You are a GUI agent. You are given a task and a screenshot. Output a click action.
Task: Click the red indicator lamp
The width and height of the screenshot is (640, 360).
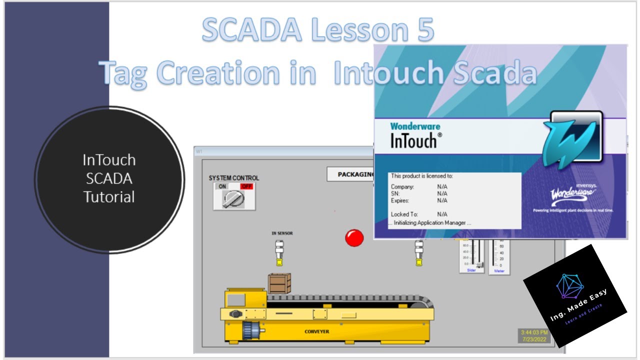tap(354, 237)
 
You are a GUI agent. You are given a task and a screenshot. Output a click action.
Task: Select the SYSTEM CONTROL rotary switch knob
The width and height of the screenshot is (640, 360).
tap(234, 199)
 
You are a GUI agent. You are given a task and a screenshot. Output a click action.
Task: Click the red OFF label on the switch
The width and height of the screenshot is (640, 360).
tap(246, 186)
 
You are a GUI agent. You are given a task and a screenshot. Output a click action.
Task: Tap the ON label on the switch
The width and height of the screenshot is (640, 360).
tap(223, 186)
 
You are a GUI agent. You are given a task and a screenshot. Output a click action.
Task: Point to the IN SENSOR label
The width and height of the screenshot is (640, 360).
tap(282, 233)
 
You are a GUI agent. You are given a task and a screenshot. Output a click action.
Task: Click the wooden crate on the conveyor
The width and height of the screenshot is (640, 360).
tap(279, 283)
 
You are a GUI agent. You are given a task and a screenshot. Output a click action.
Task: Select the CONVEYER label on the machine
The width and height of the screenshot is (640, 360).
tap(317, 331)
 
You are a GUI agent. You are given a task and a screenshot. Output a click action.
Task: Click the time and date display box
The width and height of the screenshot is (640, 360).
tap(534, 335)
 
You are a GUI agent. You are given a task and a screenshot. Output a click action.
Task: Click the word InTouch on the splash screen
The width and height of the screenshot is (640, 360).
tap(413, 141)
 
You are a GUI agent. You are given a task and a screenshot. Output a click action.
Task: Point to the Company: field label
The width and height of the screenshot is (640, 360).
tap(402, 187)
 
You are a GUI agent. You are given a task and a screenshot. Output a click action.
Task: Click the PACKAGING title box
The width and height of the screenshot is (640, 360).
tap(350, 174)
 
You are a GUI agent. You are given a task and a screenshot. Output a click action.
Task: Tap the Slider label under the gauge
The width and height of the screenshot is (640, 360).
tap(471, 270)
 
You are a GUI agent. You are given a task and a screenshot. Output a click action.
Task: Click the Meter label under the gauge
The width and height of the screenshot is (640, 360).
tap(499, 271)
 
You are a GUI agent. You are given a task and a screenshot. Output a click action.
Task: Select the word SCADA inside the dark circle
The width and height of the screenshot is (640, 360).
tap(109, 178)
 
